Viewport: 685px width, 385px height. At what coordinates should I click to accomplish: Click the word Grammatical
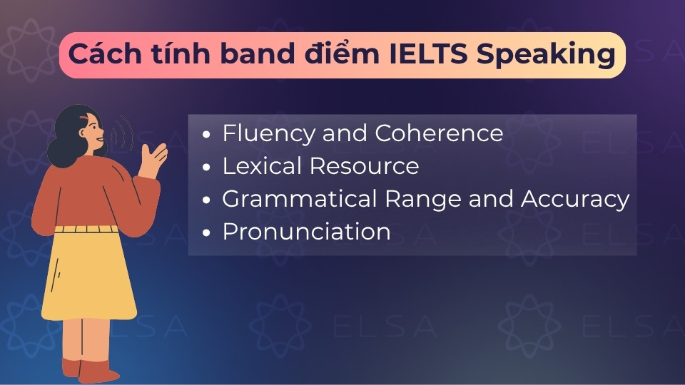(x=293, y=199)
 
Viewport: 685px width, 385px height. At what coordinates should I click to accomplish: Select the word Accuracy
(x=575, y=199)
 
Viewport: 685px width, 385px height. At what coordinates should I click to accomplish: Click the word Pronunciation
(x=306, y=232)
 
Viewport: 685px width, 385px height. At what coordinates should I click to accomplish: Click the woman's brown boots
(x=89, y=369)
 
